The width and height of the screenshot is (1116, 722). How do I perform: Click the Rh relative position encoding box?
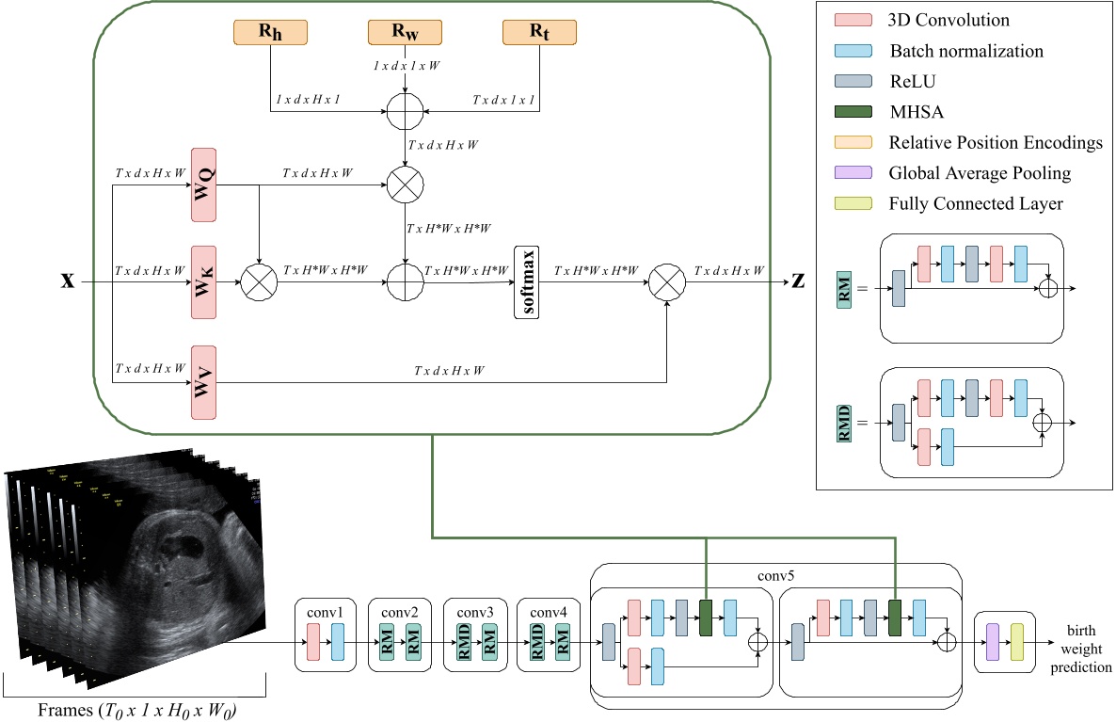point(270,32)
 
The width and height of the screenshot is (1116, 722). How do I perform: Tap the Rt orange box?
point(539,32)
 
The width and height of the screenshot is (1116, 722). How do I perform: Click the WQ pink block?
point(203,185)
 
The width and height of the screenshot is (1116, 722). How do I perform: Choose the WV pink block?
point(203,382)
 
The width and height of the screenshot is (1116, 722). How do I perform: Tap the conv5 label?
point(775,573)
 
